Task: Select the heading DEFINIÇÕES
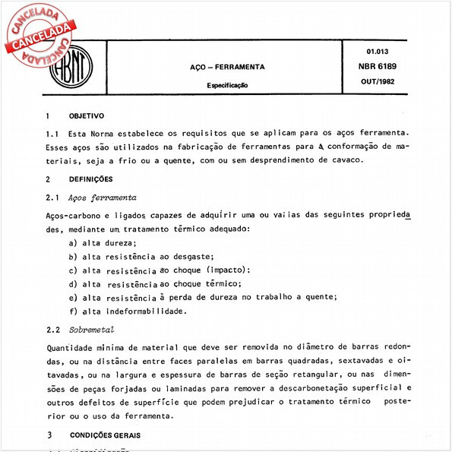90,179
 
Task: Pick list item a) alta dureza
103,242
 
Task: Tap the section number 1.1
52,133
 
